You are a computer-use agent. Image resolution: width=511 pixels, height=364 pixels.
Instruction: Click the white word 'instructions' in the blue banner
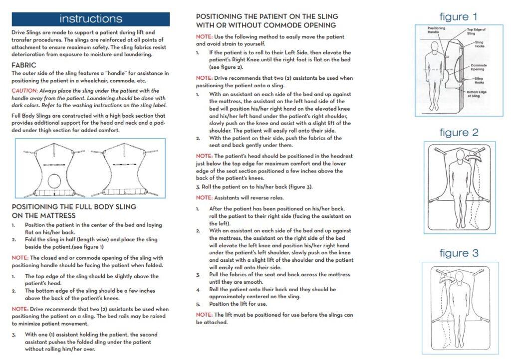pos(90,19)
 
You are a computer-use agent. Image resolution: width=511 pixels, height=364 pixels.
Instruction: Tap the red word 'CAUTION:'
pos(24,91)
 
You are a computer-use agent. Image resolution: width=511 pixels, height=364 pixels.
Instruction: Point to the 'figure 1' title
pos(458,16)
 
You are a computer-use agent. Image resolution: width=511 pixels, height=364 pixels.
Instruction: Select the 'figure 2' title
pos(459,133)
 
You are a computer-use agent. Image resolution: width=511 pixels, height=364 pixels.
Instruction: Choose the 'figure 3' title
pos(459,253)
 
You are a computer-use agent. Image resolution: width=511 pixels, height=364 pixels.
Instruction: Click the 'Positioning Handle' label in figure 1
pos(436,30)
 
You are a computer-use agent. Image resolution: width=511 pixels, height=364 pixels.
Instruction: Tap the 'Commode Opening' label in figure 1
pos(479,67)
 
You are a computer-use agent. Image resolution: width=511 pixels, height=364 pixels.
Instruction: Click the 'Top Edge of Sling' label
pos(476,31)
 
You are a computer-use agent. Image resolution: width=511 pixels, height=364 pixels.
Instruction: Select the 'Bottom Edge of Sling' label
pos(478,94)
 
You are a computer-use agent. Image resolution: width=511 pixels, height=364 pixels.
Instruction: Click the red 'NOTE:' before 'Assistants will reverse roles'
pos(204,197)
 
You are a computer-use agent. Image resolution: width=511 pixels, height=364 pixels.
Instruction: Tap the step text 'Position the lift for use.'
pos(238,304)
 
